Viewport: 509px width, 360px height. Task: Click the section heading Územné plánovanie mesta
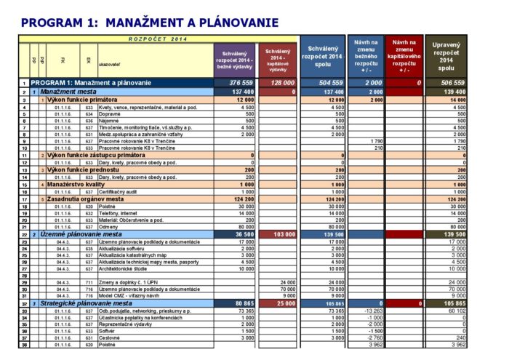pyautogui.click(x=81, y=234)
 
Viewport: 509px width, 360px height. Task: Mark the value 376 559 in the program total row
pyautogui.click(x=240, y=84)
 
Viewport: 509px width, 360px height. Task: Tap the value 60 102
pyautogui.click(x=454, y=311)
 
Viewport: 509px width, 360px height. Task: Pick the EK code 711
pyautogui.click(x=89, y=281)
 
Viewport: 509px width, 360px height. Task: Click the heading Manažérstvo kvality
pyautogui.click(x=78, y=185)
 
